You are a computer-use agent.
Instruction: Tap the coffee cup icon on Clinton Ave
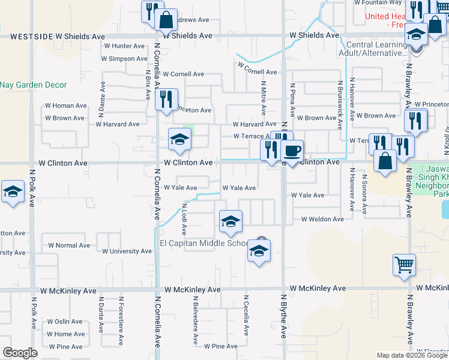pos(292,151)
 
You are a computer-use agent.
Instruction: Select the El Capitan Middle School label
pos(203,243)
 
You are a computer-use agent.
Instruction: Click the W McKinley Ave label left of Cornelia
pos(68,290)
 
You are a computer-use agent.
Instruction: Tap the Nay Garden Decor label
pos(34,85)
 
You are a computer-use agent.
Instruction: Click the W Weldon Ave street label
pos(322,220)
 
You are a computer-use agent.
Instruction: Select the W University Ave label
pos(127,251)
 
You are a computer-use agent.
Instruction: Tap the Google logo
pos(20,353)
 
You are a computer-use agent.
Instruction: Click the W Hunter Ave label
pos(124,46)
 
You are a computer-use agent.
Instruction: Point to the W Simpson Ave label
pos(124,59)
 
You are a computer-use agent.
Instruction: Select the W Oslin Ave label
pos(65,322)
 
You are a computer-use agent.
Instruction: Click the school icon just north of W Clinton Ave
pos(179,140)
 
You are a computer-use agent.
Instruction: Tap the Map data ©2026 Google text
pos(411,355)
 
